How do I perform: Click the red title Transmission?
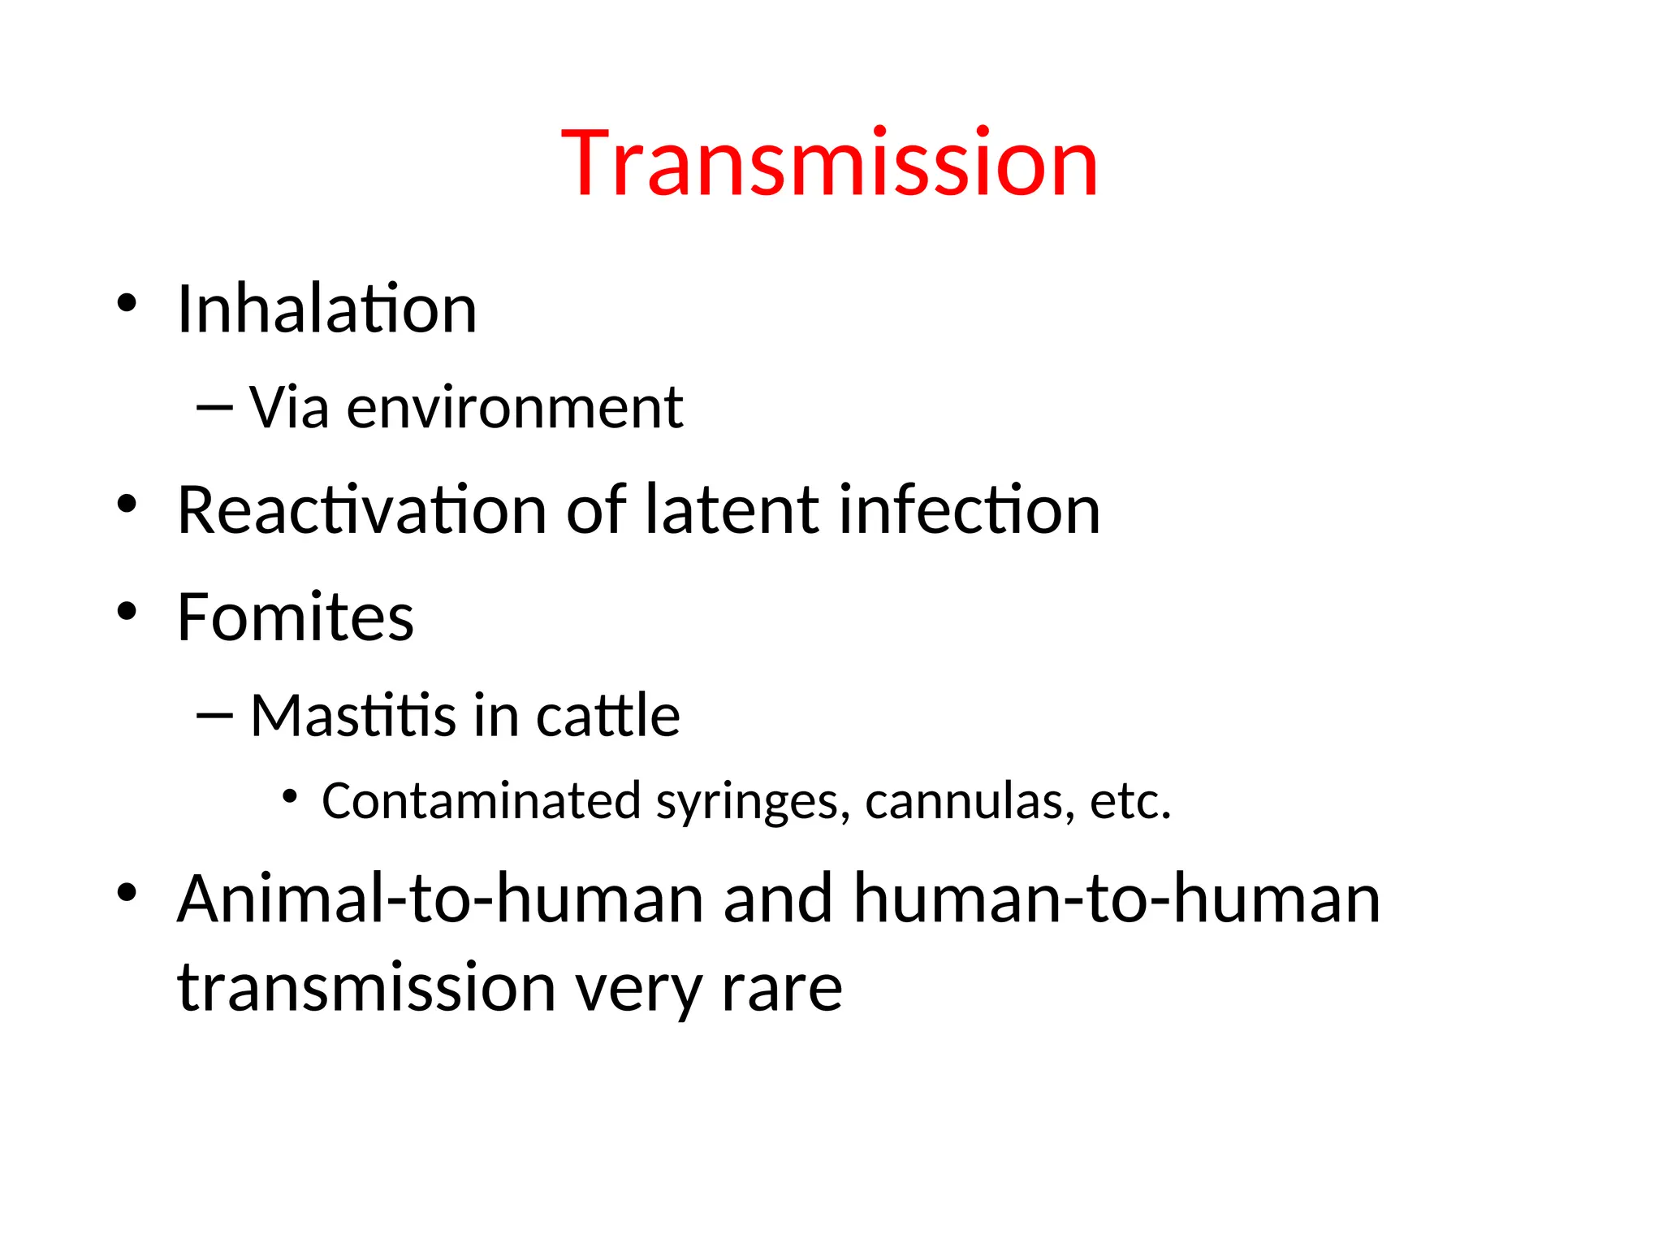click(x=829, y=164)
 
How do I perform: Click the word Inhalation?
click(x=326, y=310)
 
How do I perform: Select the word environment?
click(x=515, y=408)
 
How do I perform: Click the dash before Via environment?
click(x=214, y=406)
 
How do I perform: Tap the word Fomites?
click(x=296, y=617)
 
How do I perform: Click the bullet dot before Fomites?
click(x=127, y=611)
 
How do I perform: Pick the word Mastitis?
click(x=353, y=716)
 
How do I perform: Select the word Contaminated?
click(x=482, y=801)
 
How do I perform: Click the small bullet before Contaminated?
click(x=290, y=796)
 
